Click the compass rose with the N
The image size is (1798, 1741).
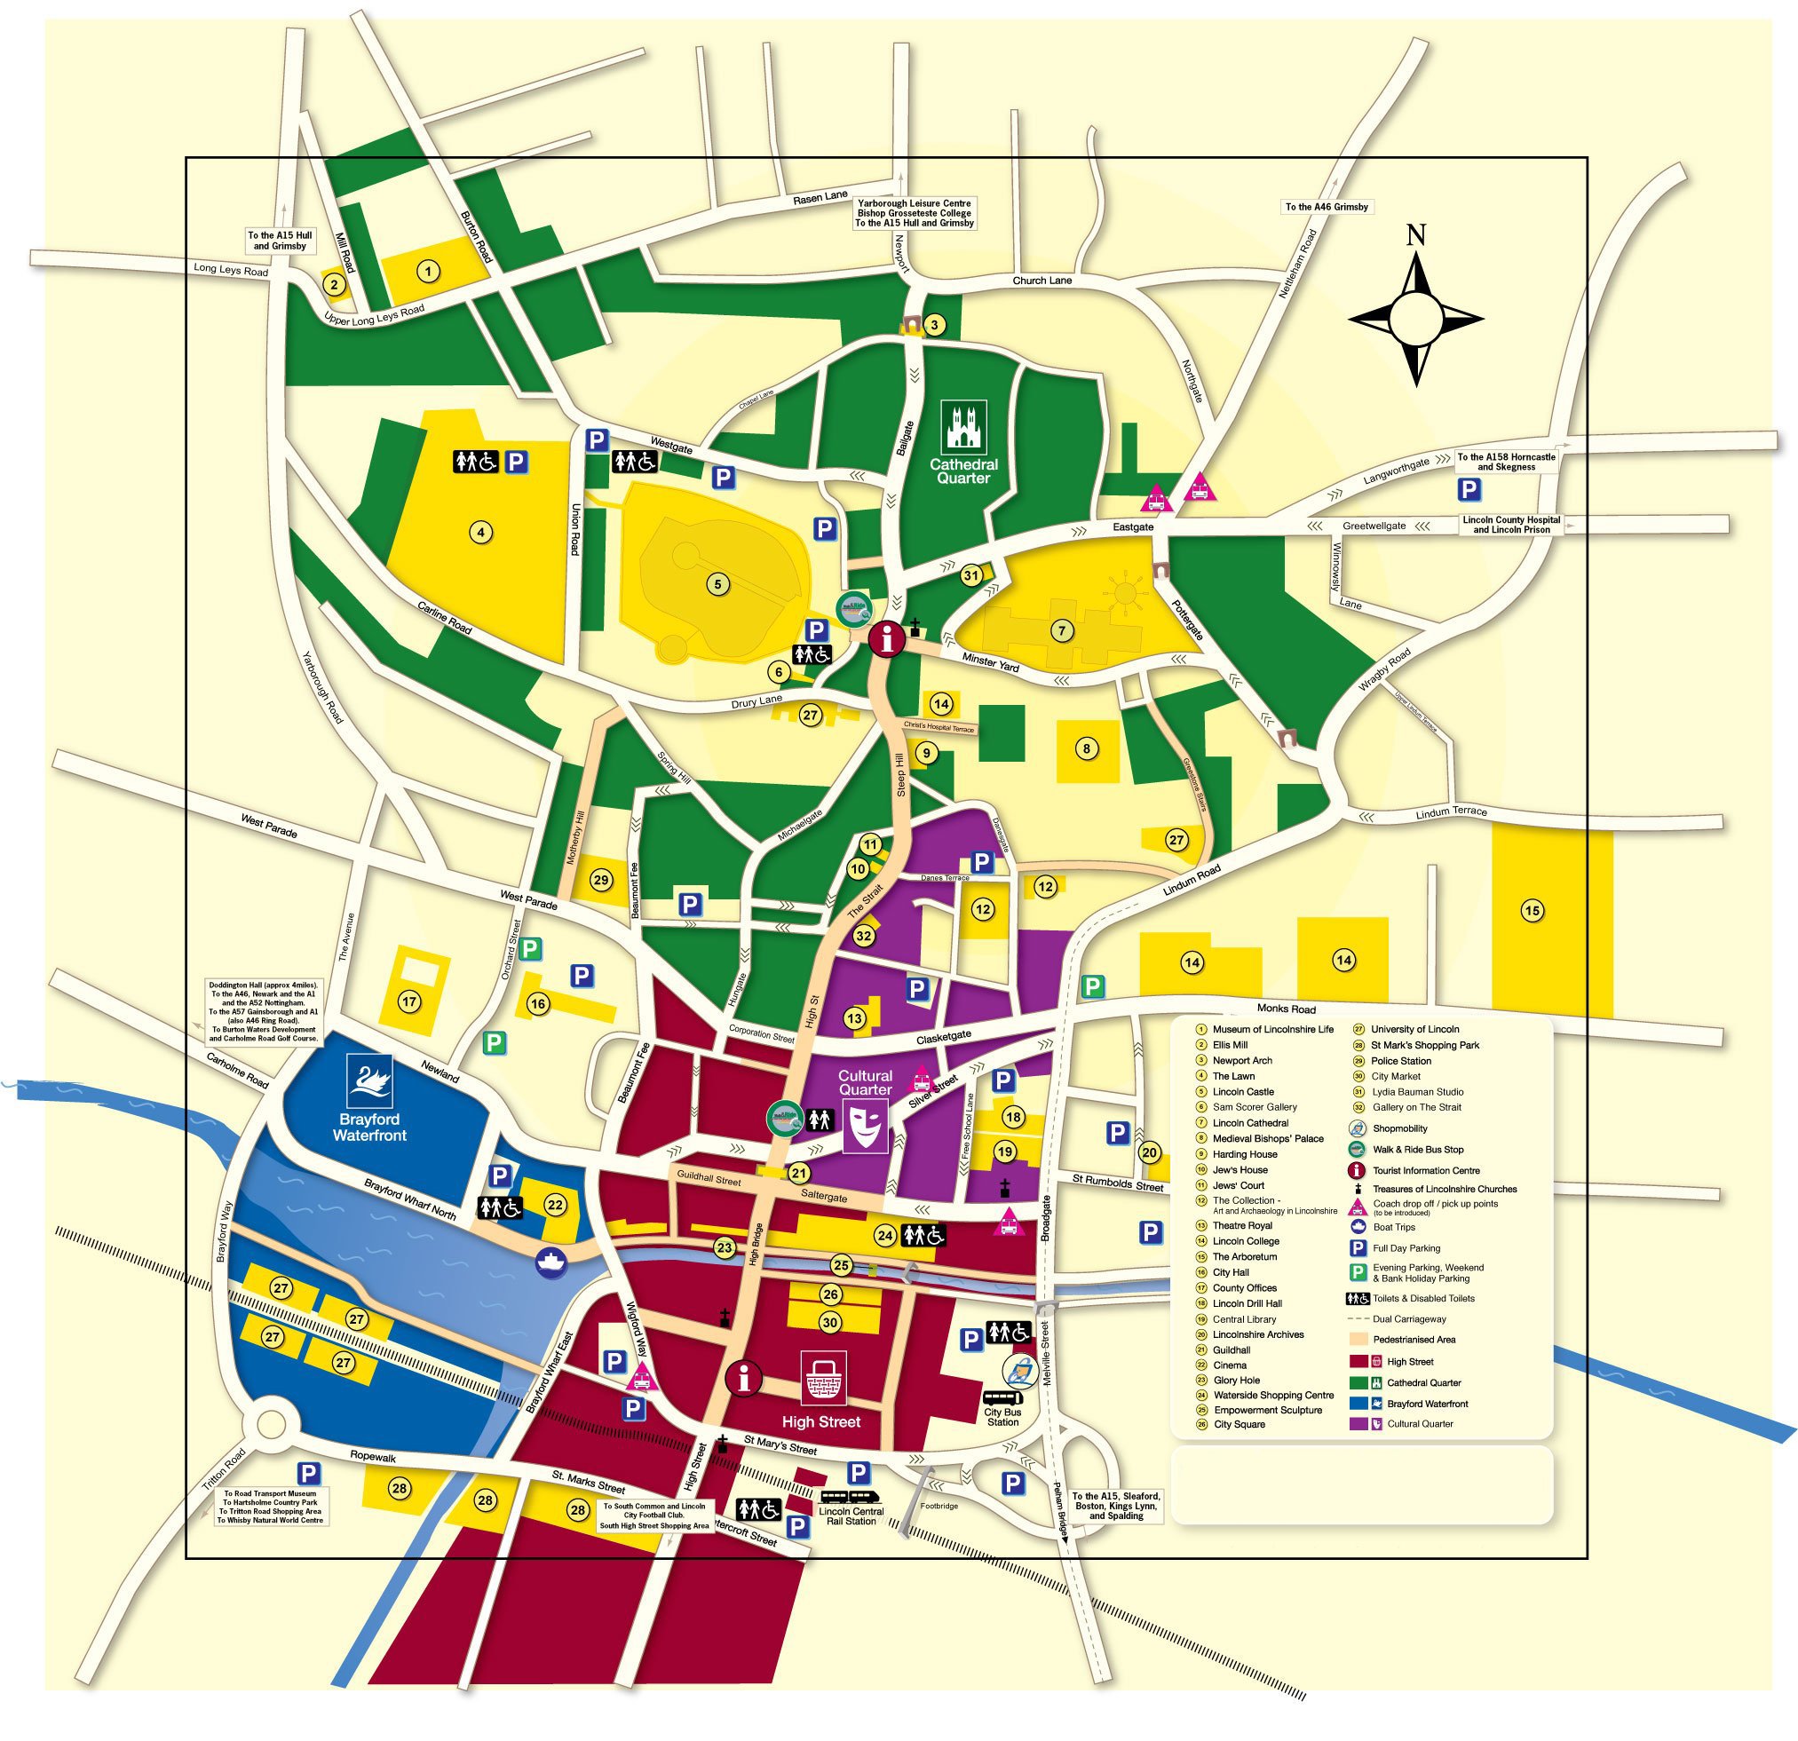click(x=1416, y=317)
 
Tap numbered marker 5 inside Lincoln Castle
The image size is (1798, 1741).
click(x=718, y=583)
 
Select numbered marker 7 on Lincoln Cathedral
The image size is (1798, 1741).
click(x=1061, y=631)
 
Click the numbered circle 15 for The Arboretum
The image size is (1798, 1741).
click(x=1532, y=911)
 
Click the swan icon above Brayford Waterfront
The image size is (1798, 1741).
click(x=369, y=1080)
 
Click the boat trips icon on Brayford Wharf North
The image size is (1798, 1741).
click(x=551, y=1262)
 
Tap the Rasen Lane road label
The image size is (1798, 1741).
click(x=820, y=197)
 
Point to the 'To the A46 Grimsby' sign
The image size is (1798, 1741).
click(x=1327, y=208)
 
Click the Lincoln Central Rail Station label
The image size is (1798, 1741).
click(x=851, y=1516)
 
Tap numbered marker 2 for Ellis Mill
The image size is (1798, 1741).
click(x=335, y=284)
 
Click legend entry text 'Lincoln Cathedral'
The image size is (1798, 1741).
click(x=1250, y=1123)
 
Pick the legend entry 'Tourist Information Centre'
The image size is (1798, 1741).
click(x=1426, y=1170)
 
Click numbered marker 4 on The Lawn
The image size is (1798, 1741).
click(x=479, y=531)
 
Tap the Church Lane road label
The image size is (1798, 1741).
click(x=1042, y=281)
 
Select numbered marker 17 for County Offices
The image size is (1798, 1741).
click(x=409, y=1002)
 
